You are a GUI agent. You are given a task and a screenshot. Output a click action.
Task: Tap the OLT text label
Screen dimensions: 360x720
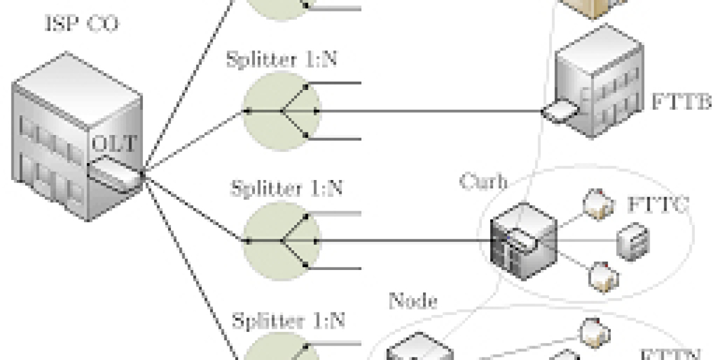pos(115,144)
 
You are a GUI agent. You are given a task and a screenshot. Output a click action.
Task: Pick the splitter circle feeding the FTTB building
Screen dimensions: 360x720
pos(280,112)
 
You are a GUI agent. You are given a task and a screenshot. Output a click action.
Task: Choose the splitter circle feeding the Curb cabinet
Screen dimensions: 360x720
pos(280,241)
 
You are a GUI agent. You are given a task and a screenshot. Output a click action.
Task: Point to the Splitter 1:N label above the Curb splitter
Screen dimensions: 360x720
pos(287,189)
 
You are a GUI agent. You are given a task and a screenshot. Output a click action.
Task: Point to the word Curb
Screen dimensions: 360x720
pos(484,181)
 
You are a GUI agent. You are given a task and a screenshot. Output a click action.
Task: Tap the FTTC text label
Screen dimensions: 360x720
pos(658,204)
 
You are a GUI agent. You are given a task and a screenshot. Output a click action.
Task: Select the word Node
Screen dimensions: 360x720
pos(413,299)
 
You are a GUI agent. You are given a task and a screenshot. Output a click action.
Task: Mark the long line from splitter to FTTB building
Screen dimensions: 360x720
pos(432,112)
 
